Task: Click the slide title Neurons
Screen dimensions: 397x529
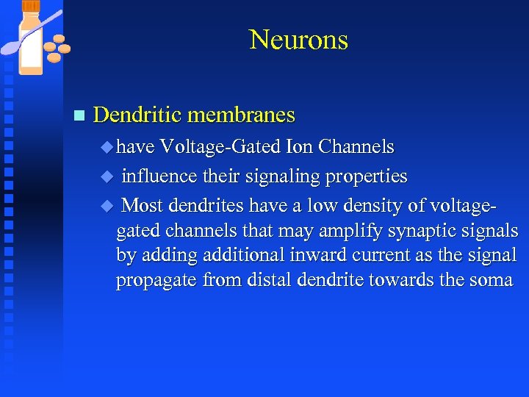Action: (298, 39)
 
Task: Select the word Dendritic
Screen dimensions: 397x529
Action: (138, 115)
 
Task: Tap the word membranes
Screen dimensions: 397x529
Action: (242, 115)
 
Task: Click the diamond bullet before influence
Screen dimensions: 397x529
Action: (106, 177)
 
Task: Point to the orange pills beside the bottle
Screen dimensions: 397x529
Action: (57, 48)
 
